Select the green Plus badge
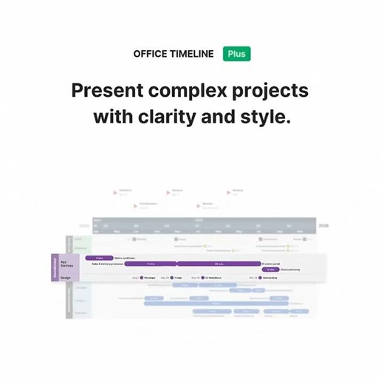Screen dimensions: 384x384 pos(237,54)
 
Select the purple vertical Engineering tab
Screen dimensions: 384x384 pos(55,267)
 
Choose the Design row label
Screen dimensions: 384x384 pos(65,278)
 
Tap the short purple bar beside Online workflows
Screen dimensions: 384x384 pos(99,258)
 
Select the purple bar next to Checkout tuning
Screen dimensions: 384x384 pos(270,270)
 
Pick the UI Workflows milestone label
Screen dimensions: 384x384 pos(213,278)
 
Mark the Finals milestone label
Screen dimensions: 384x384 pos(178,278)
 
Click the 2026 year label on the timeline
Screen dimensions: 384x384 pos(323,225)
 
